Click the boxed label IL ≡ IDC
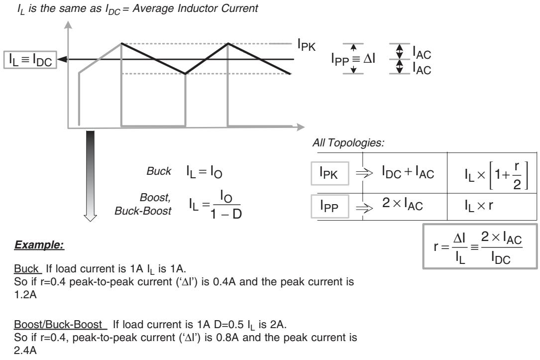coord(30,60)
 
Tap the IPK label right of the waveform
coord(306,45)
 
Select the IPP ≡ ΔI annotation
coord(353,59)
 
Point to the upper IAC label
coord(422,53)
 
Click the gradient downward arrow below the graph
coord(90,176)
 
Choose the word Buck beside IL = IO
coord(159,171)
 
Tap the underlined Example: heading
coord(39,245)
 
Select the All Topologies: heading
coord(348,142)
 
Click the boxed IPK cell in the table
coord(329,173)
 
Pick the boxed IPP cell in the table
coord(329,206)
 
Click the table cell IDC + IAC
coord(408,172)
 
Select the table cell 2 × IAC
coord(402,204)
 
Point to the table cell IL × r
coord(479,206)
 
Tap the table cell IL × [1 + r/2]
coord(496,175)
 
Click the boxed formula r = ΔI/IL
coord(480,246)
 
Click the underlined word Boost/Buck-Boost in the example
coord(58,325)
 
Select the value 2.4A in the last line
coord(25,351)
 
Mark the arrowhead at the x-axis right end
coord(301,127)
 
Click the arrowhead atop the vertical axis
coord(68,25)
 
